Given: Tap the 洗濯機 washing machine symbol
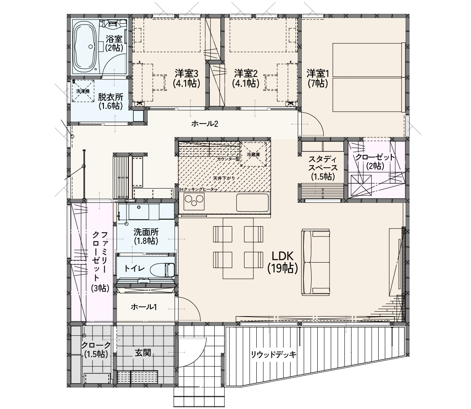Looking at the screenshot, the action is pyautogui.click(x=83, y=91).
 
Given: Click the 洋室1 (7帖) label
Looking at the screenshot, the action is pyautogui.click(x=318, y=78).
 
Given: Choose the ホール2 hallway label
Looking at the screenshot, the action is pyautogui.click(x=204, y=124).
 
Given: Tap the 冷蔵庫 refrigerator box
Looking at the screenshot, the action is pyautogui.click(x=253, y=154).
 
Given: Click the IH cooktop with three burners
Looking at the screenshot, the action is pyautogui.click(x=194, y=201).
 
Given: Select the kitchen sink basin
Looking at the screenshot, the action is pyautogui.click(x=252, y=202).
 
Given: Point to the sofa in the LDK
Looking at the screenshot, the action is pyautogui.click(x=316, y=262).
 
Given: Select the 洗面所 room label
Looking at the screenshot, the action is pyautogui.click(x=146, y=236).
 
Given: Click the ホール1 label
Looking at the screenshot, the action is pyautogui.click(x=144, y=307).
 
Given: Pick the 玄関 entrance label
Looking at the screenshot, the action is pyautogui.click(x=143, y=353).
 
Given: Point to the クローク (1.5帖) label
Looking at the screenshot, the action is pyautogui.click(x=96, y=350).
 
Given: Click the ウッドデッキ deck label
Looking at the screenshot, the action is pyautogui.click(x=274, y=355).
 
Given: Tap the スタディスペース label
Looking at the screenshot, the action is pyautogui.click(x=323, y=168).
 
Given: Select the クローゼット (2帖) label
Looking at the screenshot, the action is pyautogui.click(x=375, y=162).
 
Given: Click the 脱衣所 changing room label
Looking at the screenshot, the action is pyautogui.click(x=110, y=101).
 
